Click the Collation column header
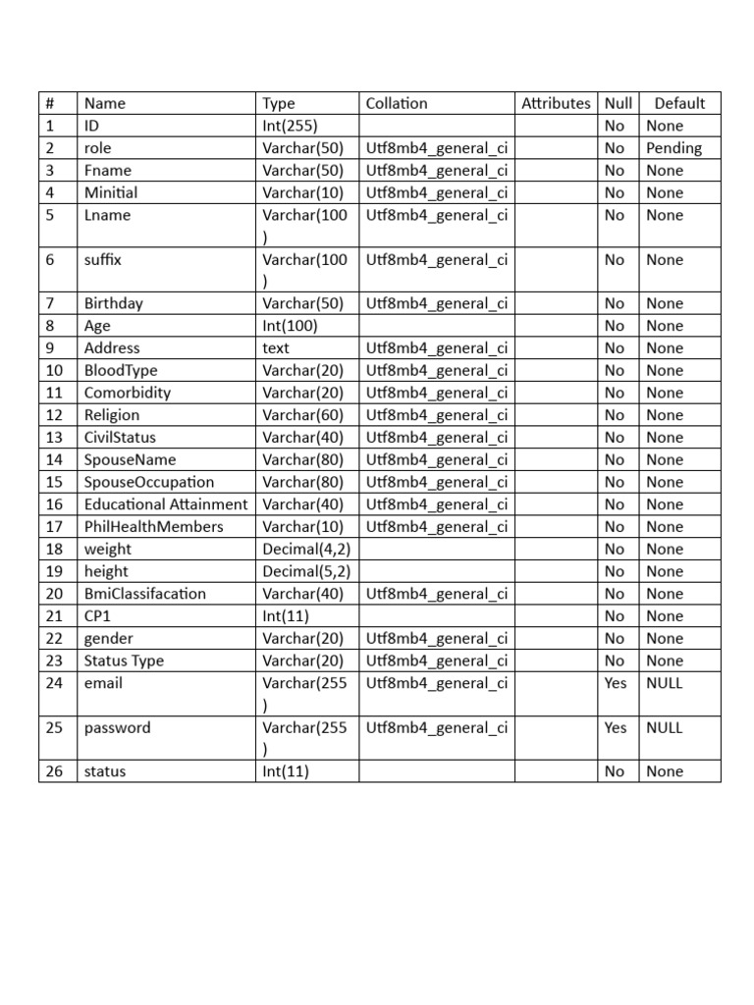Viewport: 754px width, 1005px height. tap(397, 103)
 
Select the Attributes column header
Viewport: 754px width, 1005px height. tap(556, 103)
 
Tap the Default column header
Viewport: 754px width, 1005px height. tap(679, 103)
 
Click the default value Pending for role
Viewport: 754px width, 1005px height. tap(673, 148)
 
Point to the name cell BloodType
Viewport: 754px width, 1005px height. tap(121, 370)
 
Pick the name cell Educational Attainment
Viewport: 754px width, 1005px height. tap(165, 504)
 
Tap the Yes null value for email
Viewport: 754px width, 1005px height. tap(616, 683)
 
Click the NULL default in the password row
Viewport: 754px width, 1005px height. tap(665, 727)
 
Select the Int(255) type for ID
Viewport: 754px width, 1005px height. tap(290, 126)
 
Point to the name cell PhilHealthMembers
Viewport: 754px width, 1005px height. tap(153, 527)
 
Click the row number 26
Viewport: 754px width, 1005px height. tap(55, 771)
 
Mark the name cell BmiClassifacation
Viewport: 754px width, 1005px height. tap(145, 594)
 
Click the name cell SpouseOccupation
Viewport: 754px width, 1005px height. tap(148, 482)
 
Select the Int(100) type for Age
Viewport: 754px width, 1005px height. tap(290, 326)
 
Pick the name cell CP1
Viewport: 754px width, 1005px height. tap(98, 616)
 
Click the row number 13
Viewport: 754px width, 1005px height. tap(55, 438)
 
